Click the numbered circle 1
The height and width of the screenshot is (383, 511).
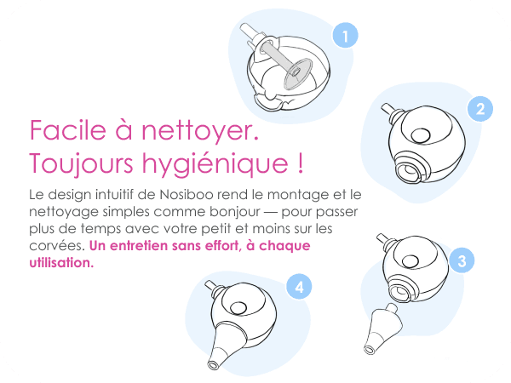(x=345, y=35)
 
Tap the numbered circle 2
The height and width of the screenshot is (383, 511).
(x=480, y=109)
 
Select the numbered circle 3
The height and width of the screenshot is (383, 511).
(x=462, y=260)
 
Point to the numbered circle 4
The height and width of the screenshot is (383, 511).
(x=299, y=287)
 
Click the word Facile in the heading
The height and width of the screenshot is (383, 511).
(x=68, y=130)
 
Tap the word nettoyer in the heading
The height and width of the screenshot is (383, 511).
(x=200, y=131)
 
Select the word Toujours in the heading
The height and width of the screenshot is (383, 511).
(x=81, y=163)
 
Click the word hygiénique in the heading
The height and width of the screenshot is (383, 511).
(x=215, y=163)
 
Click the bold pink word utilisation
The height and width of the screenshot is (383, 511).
(x=61, y=262)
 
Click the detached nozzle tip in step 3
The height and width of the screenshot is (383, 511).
(x=383, y=329)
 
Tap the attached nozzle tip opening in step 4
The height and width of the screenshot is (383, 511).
(x=213, y=365)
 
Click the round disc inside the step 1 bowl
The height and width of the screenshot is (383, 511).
(x=297, y=74)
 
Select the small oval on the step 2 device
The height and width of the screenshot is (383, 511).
(x=421, y=135)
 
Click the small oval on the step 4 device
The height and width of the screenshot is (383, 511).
(x=238, y=308)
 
